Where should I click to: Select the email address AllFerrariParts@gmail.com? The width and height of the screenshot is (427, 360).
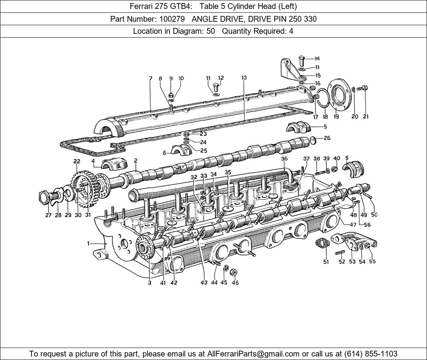[x=253, y=354]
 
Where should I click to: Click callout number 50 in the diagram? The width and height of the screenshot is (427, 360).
[x=374, y=215]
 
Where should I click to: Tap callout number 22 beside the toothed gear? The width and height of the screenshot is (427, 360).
[x=76, y=161]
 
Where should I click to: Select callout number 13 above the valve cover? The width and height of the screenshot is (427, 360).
[x=244, y=78]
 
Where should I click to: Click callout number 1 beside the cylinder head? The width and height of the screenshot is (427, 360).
[x=89, y=244]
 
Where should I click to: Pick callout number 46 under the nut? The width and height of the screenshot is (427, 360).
[x=235, y=283]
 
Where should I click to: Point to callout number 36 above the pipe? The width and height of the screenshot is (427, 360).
[x=285, y=159]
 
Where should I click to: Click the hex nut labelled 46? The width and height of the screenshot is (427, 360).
[x=233, y=272]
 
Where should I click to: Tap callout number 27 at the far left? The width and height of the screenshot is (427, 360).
[x=48, y=215]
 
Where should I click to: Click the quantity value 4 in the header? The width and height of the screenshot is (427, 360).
[x=291, y=31]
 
